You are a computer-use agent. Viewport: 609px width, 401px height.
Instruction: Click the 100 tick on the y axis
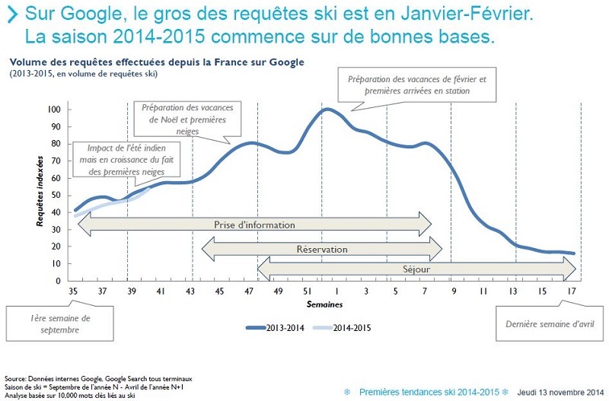(53, 110)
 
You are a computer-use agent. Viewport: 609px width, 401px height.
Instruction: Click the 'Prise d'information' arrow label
(254, 224)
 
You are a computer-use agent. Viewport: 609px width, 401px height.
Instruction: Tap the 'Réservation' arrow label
(321, 249)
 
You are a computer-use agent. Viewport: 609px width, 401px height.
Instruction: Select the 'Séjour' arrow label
(416, 269)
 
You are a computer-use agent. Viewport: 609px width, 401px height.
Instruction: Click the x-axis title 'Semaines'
(324, 304)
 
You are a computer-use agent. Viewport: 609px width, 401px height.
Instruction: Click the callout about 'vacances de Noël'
(187, 119)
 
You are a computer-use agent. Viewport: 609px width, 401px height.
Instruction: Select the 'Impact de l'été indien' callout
(116, 159)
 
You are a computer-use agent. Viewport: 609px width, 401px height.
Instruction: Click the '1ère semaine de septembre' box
(60, 323)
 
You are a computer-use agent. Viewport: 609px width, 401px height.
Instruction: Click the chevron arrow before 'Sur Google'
(12, 14)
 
